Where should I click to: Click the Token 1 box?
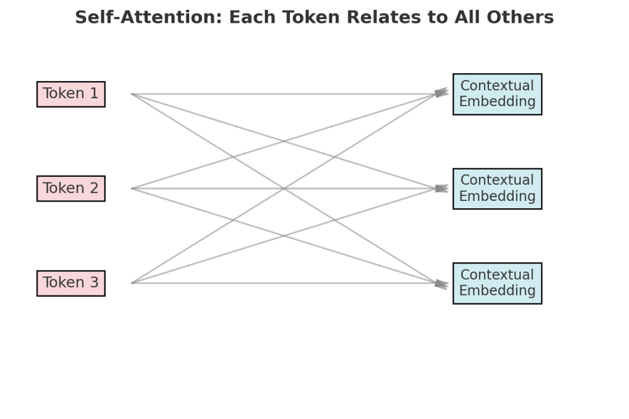(71, 94)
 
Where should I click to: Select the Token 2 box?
(71, 189)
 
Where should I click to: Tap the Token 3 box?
(71, 283)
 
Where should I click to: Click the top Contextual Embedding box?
(497, 94)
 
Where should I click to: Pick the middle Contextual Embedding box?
(497, 189)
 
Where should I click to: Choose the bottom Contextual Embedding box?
(497, 283)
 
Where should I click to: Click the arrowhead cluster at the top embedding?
(441, 93)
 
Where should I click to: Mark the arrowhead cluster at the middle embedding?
(441, 189)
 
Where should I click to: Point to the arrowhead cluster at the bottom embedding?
(441, 284)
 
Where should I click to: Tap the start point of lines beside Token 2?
(132, 189)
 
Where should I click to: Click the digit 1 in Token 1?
(93, 94)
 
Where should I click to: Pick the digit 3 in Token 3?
(93, 283)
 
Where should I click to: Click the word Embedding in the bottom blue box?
(497, 291)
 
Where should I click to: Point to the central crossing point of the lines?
(284, 189)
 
